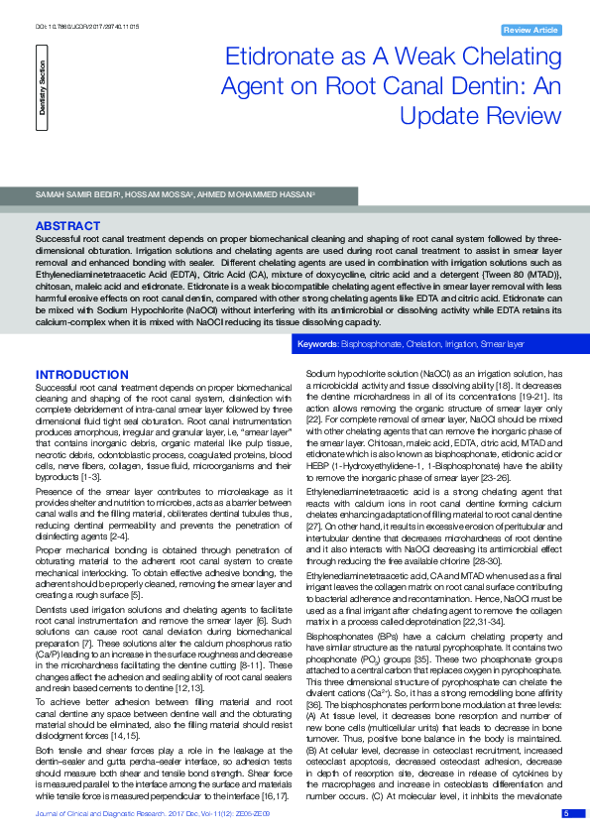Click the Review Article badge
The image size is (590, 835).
pos(530,31)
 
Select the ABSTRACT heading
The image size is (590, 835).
pos(67,226)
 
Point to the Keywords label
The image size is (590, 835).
pos(318,343)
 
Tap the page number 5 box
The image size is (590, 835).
pos(566,813)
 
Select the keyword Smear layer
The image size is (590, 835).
pos(502,343)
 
